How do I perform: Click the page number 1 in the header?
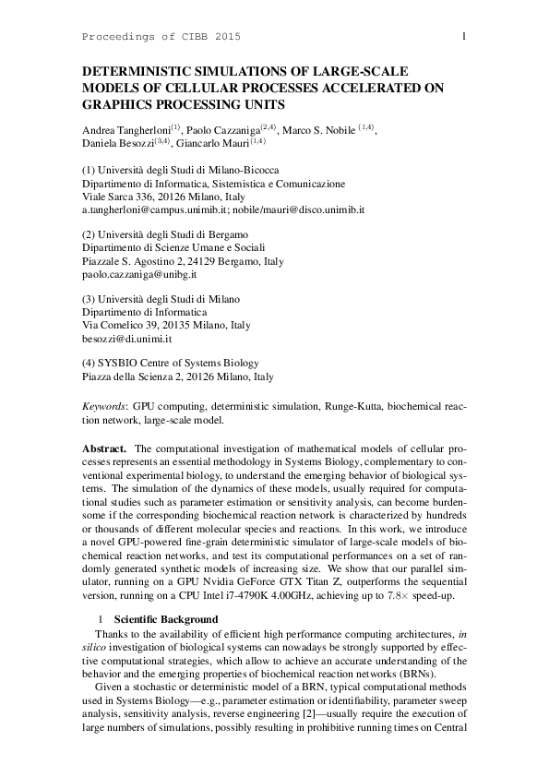462,36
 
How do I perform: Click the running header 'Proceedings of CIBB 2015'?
161,36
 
